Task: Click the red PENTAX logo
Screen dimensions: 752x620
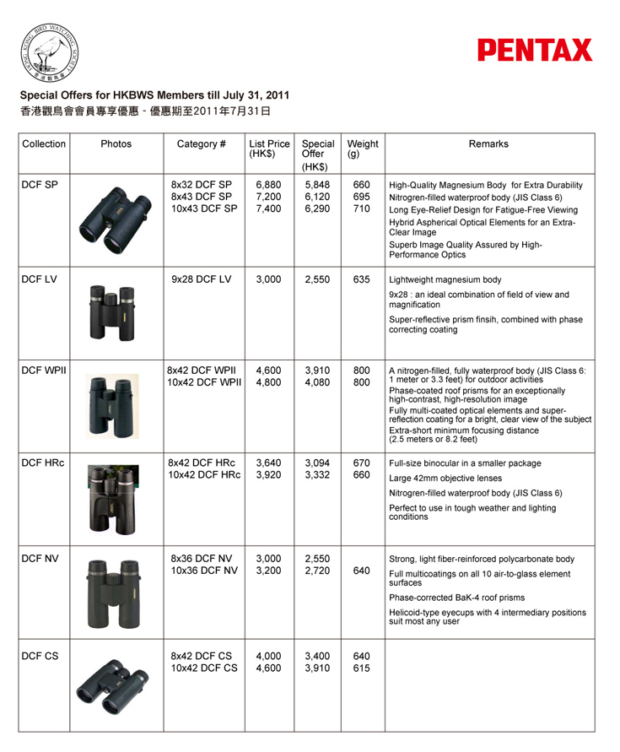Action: (535, 50)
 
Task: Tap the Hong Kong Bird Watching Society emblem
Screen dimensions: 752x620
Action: (48, 52)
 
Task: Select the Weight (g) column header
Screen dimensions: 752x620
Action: (363, 149)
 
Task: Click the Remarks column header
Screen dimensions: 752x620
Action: (489, 143)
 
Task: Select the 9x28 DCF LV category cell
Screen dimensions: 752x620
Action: (201, 279)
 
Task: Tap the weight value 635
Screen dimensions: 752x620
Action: (361, 279)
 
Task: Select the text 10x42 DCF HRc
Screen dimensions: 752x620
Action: (202, 475)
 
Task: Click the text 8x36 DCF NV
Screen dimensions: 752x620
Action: (201, 559)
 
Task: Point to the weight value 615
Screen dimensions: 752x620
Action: (361, 668)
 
